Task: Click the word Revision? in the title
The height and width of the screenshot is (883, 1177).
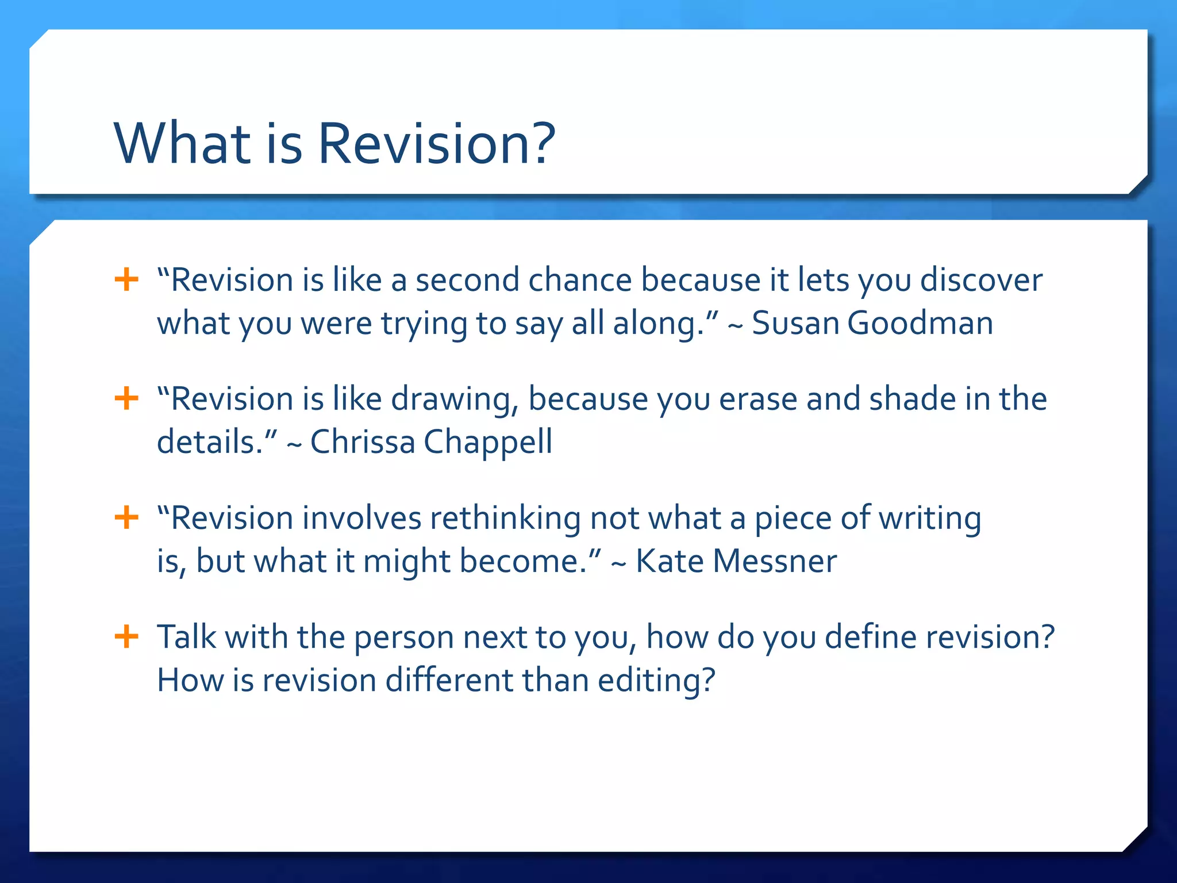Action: [437, 144]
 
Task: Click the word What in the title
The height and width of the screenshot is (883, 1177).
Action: [183, 144]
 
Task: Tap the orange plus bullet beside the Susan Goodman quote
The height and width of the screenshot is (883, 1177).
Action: [126, 280]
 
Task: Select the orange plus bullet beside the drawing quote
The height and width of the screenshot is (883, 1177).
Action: [126, 398]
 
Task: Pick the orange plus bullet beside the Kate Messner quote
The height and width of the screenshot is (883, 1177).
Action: [126, 517]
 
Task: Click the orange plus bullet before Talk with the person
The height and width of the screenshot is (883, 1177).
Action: [126, 636]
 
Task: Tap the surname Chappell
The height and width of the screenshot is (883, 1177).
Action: [488, 442]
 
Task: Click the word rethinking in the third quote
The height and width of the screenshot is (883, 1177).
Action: [505, 519]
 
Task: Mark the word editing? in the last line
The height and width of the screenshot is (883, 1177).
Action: [656, 681]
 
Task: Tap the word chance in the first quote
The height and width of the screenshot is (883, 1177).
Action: [580, 281]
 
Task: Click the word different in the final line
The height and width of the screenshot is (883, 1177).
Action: [449, 680]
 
